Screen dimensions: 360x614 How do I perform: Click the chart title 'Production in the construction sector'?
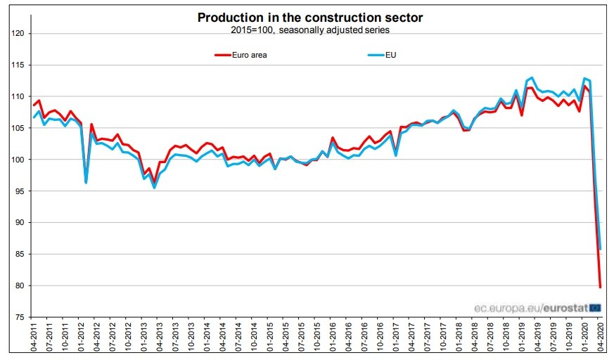pos(310,17)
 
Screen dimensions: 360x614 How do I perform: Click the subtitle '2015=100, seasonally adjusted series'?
pos(310,30)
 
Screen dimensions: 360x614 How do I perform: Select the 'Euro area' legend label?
pos(249,55)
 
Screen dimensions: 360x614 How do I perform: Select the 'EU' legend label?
pos(391,55)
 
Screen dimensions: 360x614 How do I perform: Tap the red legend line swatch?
pos(222,55)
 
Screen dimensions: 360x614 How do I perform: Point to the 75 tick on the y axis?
pos(20,318)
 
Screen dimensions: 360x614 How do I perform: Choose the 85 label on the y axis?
pos(20,255)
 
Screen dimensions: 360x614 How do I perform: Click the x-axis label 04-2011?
pos(33,337)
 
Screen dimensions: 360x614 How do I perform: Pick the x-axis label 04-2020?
pos(601,337)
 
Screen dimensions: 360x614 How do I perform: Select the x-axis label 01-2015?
pos(269,337)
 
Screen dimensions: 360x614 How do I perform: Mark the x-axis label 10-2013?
pos(191,337)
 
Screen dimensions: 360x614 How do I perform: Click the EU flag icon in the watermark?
pos(595,307)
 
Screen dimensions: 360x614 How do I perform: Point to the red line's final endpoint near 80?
pos(600,286)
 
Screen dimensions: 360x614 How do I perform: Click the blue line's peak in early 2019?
pos(532,77)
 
